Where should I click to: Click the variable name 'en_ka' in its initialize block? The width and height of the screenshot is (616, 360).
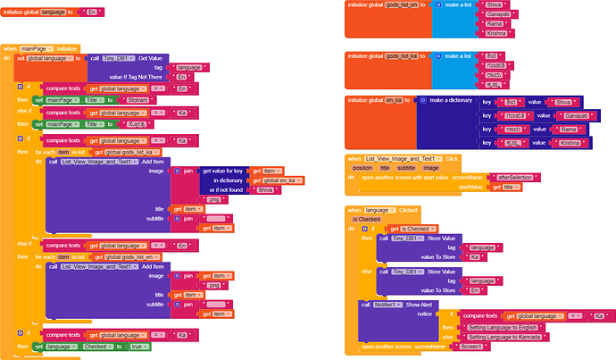(396, 100)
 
